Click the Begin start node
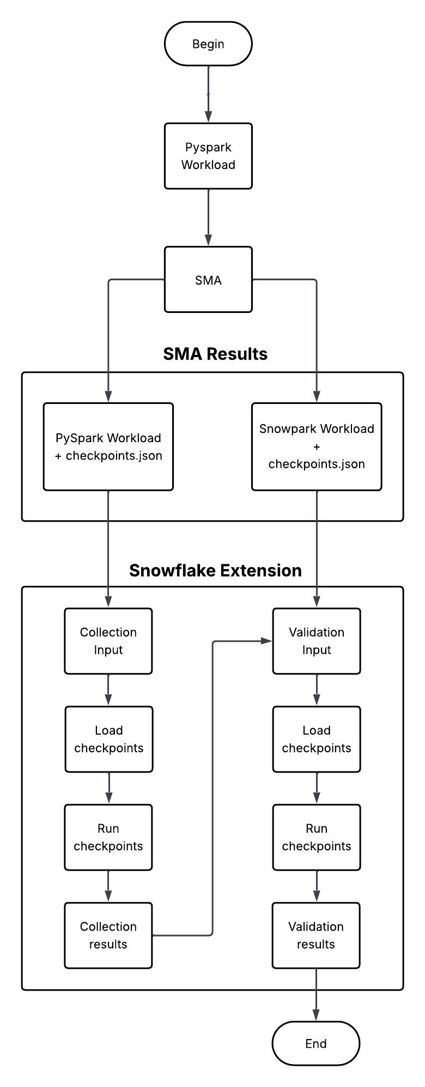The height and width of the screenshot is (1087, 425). point(208,44)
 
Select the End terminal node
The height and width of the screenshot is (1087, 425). point(315,1043)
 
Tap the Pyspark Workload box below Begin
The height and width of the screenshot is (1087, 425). point(208,156)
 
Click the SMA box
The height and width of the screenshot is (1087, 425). point(208,280)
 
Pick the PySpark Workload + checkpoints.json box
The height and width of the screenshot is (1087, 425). point(108,446)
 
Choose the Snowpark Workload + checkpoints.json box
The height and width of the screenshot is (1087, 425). point(317,446)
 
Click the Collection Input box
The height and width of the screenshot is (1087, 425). point(108,641)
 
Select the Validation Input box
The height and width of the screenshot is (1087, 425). point(317,641)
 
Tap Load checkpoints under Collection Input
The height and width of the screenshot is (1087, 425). point(109,739)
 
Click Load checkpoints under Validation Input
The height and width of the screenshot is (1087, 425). point(317,739)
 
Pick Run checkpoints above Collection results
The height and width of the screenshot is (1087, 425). point(108,837)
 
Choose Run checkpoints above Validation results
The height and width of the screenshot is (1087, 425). point(317,837)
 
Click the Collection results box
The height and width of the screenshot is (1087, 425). point(108,935)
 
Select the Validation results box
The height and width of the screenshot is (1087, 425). point(316,935)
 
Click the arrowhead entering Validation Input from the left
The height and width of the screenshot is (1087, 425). point(266,641)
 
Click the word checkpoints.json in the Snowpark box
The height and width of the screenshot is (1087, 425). point(317,464)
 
